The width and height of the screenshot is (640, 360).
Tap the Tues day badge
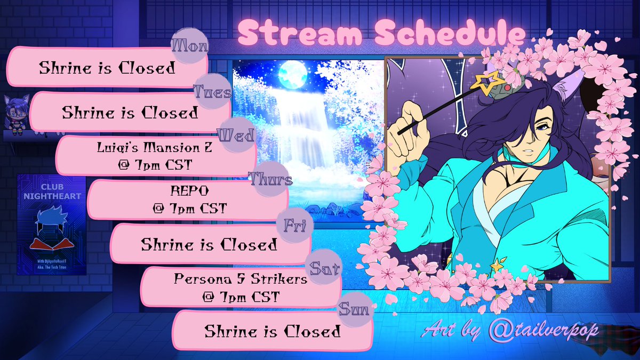tap(212, 91)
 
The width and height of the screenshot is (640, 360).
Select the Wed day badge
tap(236, 136)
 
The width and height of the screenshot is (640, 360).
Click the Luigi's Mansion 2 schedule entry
tap(156, 155)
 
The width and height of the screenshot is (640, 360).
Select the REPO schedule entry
tap(187, 199)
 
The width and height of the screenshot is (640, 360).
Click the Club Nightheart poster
tap(51, 224)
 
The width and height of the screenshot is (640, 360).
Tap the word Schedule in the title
tap(450, 35)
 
